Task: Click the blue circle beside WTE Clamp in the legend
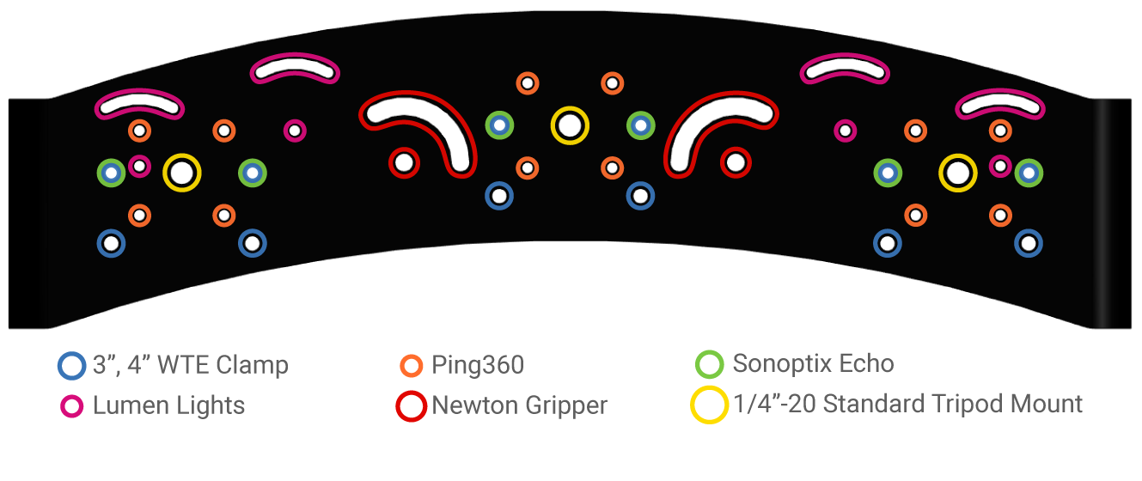coord(72,365)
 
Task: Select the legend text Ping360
coord(478,365)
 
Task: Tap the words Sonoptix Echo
coord(813,363)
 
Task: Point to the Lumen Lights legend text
coord(168,405)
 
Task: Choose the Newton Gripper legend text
coord(519,405)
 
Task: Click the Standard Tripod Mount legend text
coord(908,404)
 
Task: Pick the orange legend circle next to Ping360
coord(412,366)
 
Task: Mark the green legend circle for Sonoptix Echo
coord(710,364)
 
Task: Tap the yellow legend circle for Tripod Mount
coord(710,405)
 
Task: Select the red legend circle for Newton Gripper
coord(412,406)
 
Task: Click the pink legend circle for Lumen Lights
coord(72,406)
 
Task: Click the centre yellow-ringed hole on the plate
coord(569,125)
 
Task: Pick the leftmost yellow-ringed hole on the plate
coord(181,173)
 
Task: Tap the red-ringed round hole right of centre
coord(735,161)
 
